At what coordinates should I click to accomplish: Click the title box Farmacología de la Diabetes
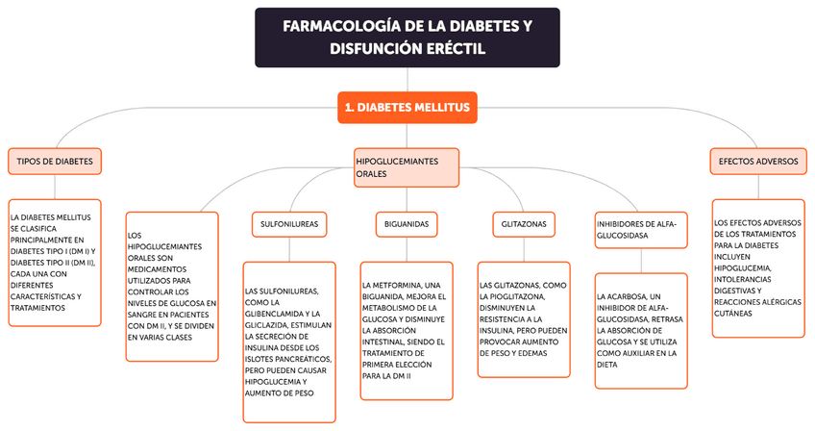[407, 38]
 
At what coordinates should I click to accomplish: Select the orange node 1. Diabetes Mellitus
[407, 108]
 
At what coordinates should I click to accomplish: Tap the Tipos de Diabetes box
[55, 162]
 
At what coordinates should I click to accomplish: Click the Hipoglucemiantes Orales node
[406, 167]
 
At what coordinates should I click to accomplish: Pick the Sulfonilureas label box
[289, 223]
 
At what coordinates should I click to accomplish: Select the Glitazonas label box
[524, 223]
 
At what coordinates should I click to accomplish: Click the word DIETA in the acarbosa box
[607, 366]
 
